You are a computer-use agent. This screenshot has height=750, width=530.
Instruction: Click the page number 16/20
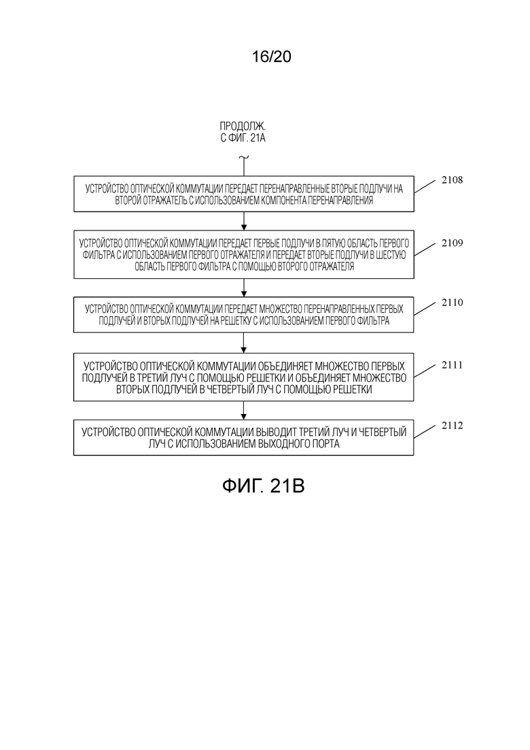271,57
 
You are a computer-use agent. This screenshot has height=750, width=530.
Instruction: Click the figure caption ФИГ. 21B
264,486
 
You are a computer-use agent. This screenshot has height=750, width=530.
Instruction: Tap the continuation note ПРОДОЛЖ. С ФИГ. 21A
243,132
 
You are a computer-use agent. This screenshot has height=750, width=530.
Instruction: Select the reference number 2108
452,180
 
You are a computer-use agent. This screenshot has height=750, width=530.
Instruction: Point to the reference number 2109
452,243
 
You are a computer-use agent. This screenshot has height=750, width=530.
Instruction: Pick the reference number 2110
452,303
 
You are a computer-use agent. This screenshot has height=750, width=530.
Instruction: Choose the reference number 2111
452,365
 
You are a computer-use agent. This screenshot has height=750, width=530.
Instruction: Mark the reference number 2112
452,426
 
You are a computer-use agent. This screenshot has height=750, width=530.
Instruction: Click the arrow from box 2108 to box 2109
244,221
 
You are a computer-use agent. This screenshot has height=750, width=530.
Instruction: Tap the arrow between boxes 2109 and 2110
244,288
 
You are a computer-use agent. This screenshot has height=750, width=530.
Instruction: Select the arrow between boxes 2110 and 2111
244,343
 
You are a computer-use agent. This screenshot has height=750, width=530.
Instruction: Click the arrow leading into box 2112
244,411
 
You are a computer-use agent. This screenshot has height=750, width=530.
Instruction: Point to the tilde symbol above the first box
244,157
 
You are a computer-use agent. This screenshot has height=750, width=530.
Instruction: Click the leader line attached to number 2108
425,186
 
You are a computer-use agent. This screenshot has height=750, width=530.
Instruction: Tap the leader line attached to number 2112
425,432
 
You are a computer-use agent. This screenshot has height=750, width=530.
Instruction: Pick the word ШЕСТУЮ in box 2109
391,255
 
